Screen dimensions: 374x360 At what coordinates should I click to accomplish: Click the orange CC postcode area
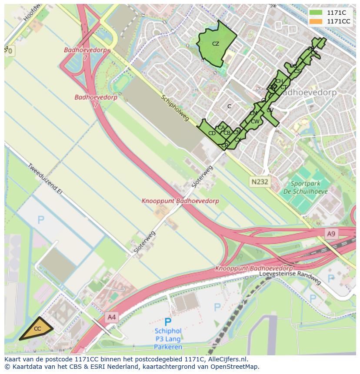pos(37,329)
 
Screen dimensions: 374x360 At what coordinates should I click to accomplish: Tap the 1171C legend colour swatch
pos(316,13)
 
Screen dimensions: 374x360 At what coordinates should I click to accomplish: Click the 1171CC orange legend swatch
pos(316,21)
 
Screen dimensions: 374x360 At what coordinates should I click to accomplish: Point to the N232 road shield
pos(259,182)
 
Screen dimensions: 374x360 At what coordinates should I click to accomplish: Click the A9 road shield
pos(331,234)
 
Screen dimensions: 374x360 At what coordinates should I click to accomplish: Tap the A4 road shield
pos(112,317)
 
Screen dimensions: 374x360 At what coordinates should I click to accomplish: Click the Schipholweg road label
pos(175,108)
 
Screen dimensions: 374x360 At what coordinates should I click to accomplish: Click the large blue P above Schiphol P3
pos(167,322)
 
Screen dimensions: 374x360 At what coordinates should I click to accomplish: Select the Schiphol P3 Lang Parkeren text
pos(168,339)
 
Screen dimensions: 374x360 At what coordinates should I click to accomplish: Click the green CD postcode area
pos(212,133)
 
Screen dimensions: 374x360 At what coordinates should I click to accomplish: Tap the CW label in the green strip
pos(255,122)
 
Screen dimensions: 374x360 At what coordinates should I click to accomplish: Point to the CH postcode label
pos(279,81)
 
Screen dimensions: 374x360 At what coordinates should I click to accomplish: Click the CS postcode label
pos(297,71)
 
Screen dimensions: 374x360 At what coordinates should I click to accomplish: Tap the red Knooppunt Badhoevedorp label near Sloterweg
pos(180,201)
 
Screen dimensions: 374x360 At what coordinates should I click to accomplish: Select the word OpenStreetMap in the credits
pos(236,367)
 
